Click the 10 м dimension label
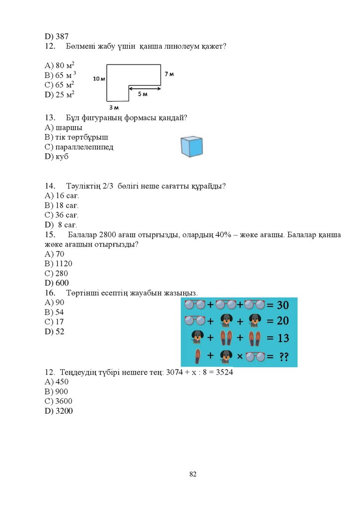tap(99, 78)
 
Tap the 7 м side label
tap(169, 74)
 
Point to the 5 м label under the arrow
tap(143, 94)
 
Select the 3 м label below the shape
tap(114, 107)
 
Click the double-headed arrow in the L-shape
tap(145, 89)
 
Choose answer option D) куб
tap(57, 157)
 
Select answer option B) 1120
tap(59, 263)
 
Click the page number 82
tap(193, 474)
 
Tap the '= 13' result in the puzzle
tap(278, 338)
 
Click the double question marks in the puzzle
tap(284, 356)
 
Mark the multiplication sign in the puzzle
tap(239, 356)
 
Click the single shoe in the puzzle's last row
tap(197, 356)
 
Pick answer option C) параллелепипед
tap(79, 147)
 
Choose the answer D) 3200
tap(59, 411)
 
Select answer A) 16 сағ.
tap(62, 195)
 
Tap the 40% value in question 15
tap(223, 235)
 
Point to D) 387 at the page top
tap(57, 36)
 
